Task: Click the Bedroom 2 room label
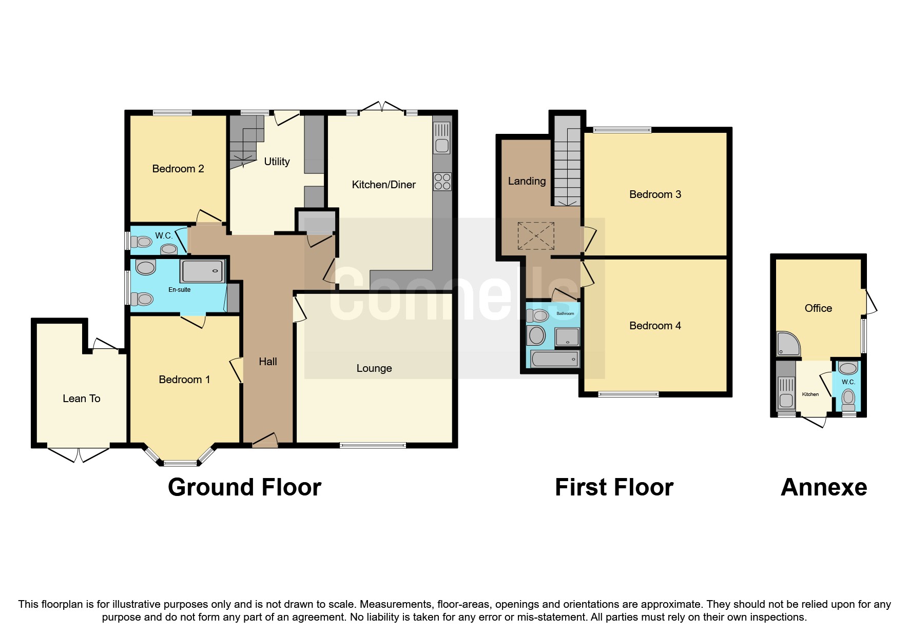tap(178, 169)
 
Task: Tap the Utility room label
tap(277, 162)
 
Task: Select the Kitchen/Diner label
tap(384, 185)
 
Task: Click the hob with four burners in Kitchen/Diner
tap(442, 182)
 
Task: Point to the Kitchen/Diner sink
tap(442, 138)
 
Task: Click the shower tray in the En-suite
tap(202, 271)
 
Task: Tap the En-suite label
tap(180, 290)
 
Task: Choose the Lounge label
tap(374, 368)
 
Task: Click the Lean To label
tap(82, 399)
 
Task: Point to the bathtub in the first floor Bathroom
tap(555, 359)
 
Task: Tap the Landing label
tap(527, 181)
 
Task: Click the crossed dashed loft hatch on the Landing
tap(536, 236)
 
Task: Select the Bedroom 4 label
tap(655, 326)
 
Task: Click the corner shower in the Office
tap(788, 343)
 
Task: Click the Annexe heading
tap(824, 487)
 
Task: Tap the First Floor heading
tap(614, 487)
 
